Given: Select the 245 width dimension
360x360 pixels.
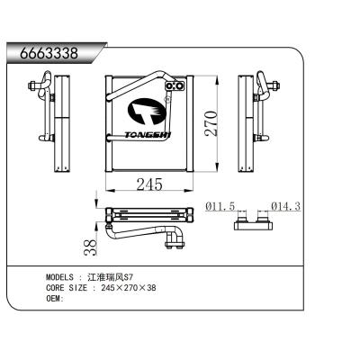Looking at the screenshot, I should coord(148,184).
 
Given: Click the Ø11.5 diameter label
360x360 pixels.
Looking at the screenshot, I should coord(220,207).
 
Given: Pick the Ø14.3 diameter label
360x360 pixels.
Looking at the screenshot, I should coord(284,207).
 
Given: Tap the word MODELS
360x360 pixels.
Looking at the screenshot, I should coord(61,278).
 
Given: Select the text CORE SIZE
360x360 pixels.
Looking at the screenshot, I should coord(67,288).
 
